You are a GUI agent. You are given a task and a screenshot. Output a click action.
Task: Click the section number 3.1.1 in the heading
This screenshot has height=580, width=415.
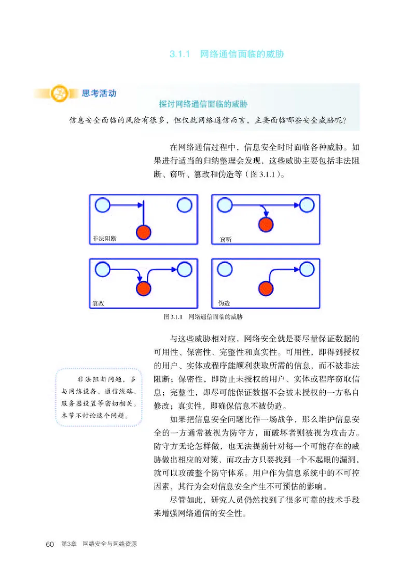(181, 53)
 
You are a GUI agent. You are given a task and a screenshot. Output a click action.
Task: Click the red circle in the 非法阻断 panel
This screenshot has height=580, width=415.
(144, 232)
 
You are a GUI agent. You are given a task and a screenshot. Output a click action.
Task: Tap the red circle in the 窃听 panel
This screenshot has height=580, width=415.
(266, 225)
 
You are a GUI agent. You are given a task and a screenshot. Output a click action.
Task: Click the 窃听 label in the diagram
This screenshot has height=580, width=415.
(225, 240)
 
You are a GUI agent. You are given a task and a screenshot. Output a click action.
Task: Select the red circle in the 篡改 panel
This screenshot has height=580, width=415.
(144, 288)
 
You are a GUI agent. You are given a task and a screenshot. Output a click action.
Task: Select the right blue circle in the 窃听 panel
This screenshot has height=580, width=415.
(307, 205)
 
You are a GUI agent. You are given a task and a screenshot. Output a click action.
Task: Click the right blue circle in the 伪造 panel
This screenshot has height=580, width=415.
(307, 269)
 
